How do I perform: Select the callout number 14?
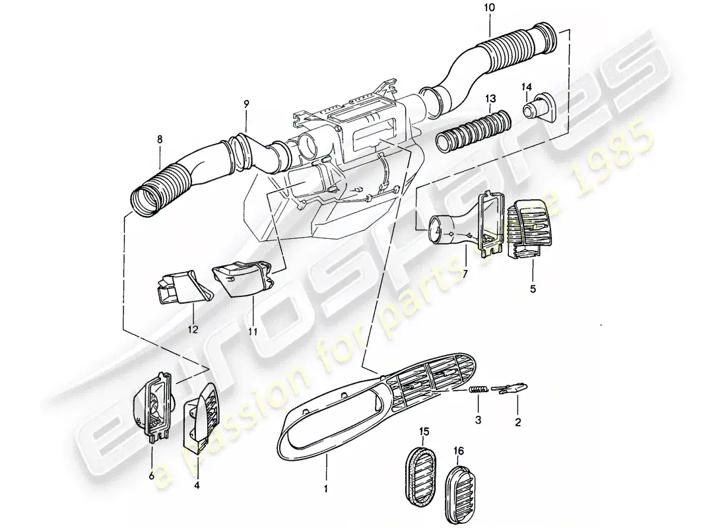(527, 86)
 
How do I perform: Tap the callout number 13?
(490, 98)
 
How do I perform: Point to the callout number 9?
(246, 104)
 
